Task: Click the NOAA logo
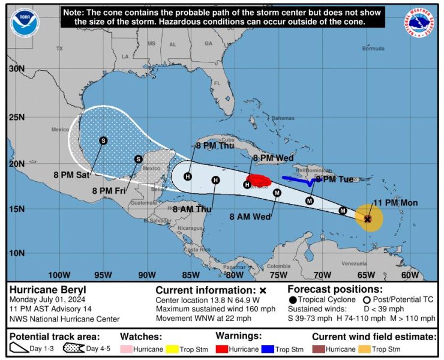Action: tap(25, 22)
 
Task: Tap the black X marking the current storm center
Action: tap(368, 219)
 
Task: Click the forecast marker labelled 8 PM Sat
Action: tap(103, 140)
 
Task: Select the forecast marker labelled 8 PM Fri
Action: tap(138, 159)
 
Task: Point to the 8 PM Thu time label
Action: tap(215, 145)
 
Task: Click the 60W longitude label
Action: tap(410, 275)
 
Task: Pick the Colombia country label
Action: tap(278, 266)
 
